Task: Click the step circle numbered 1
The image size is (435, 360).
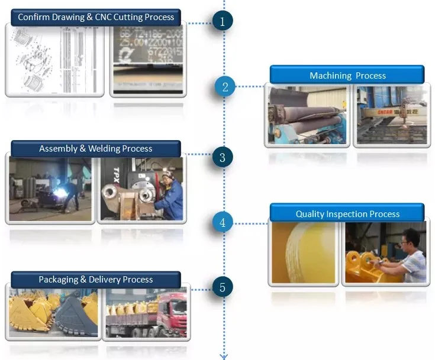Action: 223,22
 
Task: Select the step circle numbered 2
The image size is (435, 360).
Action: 225,87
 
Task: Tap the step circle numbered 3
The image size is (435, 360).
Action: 223,158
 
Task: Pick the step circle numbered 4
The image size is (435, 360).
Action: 223,223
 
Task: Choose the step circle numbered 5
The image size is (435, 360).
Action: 223,288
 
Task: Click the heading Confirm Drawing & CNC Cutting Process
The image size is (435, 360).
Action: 96,17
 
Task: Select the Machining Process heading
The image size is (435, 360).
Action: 347,75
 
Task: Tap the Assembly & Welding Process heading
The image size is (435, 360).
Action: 96,148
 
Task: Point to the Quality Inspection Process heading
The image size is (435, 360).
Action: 347,213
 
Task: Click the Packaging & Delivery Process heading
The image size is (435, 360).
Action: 96,280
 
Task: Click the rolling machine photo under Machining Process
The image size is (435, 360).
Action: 306,115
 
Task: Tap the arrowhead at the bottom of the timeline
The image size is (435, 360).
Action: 224,356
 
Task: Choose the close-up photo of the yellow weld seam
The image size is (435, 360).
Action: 303,252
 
